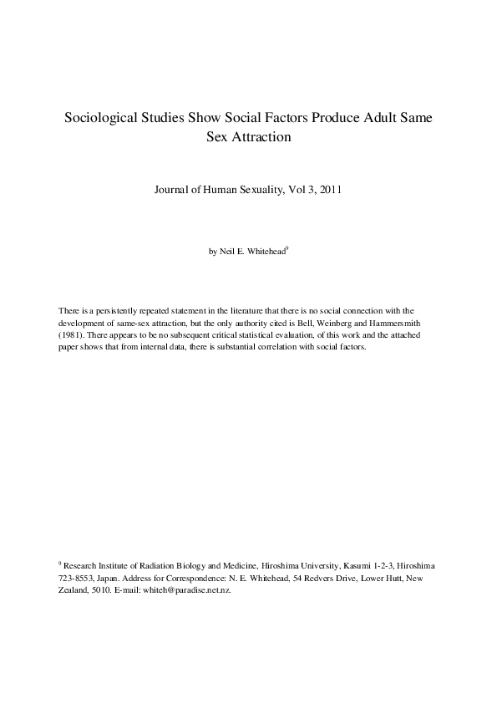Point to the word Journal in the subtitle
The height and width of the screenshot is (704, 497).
pyautogui.click(x=175, y=190)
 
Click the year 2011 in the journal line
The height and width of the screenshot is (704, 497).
pyautogui.click(x=328, y=190)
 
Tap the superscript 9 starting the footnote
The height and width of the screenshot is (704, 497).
pyautogui.click(x=60, y=564)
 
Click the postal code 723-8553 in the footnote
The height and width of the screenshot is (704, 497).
pyautogui.click(x=75, y=579)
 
